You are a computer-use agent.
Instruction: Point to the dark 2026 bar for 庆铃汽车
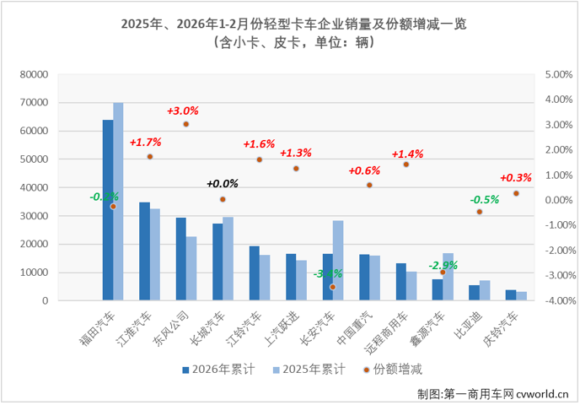[x=511, y=294]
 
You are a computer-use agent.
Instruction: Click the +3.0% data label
[x=183, y=111]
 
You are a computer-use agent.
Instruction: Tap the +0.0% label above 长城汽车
[x=223, y=183]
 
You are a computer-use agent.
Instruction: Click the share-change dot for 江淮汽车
[x=150, y=157]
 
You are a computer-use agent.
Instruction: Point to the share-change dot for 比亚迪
[x=479, y=212]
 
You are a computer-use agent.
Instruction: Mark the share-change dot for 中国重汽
[x=369, y=185]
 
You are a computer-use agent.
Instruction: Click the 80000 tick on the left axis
[x=33, y=74]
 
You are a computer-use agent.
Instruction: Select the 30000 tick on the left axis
[x=33, y=216]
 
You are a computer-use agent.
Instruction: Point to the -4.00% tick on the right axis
[x=559, y=300]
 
